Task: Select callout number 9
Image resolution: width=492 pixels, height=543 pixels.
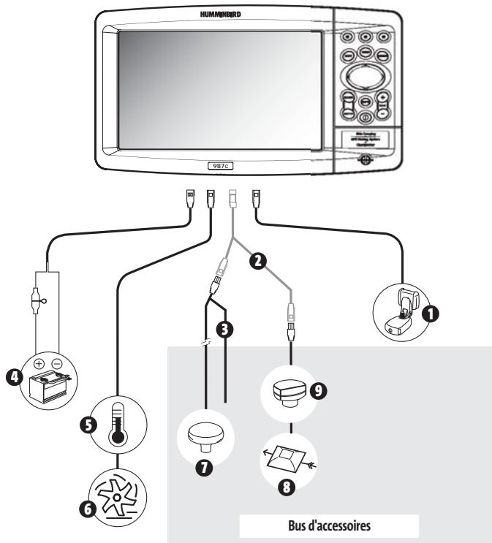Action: tap(317, 391)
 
